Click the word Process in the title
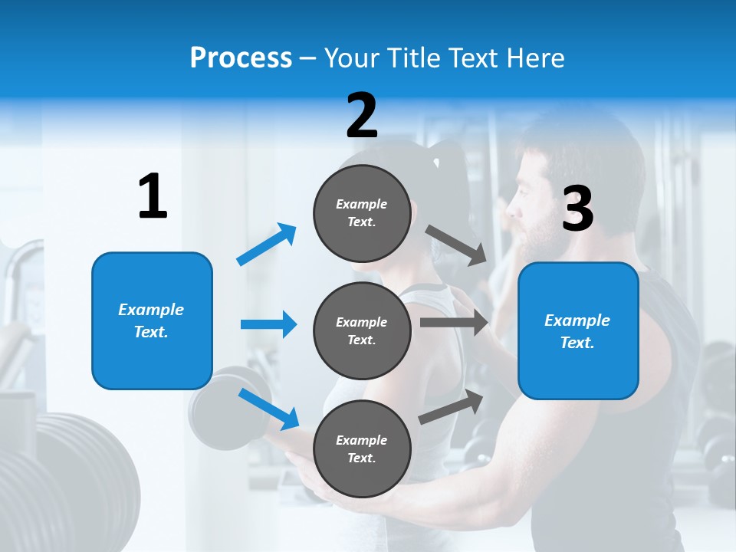241,58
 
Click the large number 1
153,197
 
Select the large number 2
362,116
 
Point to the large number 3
577,209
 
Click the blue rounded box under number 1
152,320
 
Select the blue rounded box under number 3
578,331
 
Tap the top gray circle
362,213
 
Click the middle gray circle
362,330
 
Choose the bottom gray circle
362,449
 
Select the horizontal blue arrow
268,324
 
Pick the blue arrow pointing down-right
268,408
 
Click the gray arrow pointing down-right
456,245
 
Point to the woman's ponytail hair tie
435,163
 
